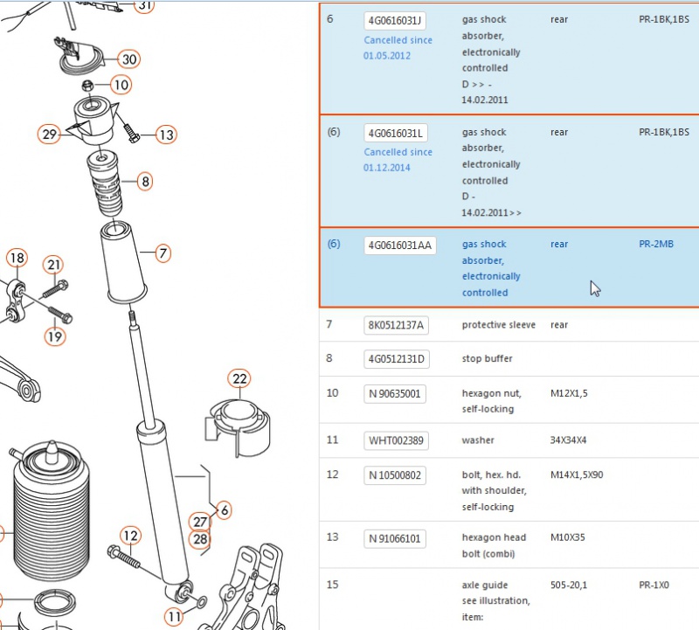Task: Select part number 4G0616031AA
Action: pos(398,246)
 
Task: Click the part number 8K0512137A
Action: pos(396,326)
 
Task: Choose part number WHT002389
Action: pos(396,441)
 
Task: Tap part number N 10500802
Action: pos(395,475)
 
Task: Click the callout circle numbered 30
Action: pos(129,59)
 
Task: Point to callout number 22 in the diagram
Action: pos(240,379)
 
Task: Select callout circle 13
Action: pos(166,135)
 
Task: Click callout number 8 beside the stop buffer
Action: pos(145,183)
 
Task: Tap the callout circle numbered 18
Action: pos(17,258)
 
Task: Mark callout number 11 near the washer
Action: pos(176,617)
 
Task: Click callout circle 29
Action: pos(49,135)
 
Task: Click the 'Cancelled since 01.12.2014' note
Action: pos(398,160)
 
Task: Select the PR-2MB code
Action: pos(656,245)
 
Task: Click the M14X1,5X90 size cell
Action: pos(578,474)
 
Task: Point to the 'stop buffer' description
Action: pos(487,359)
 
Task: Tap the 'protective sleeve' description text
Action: pos(496,325)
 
